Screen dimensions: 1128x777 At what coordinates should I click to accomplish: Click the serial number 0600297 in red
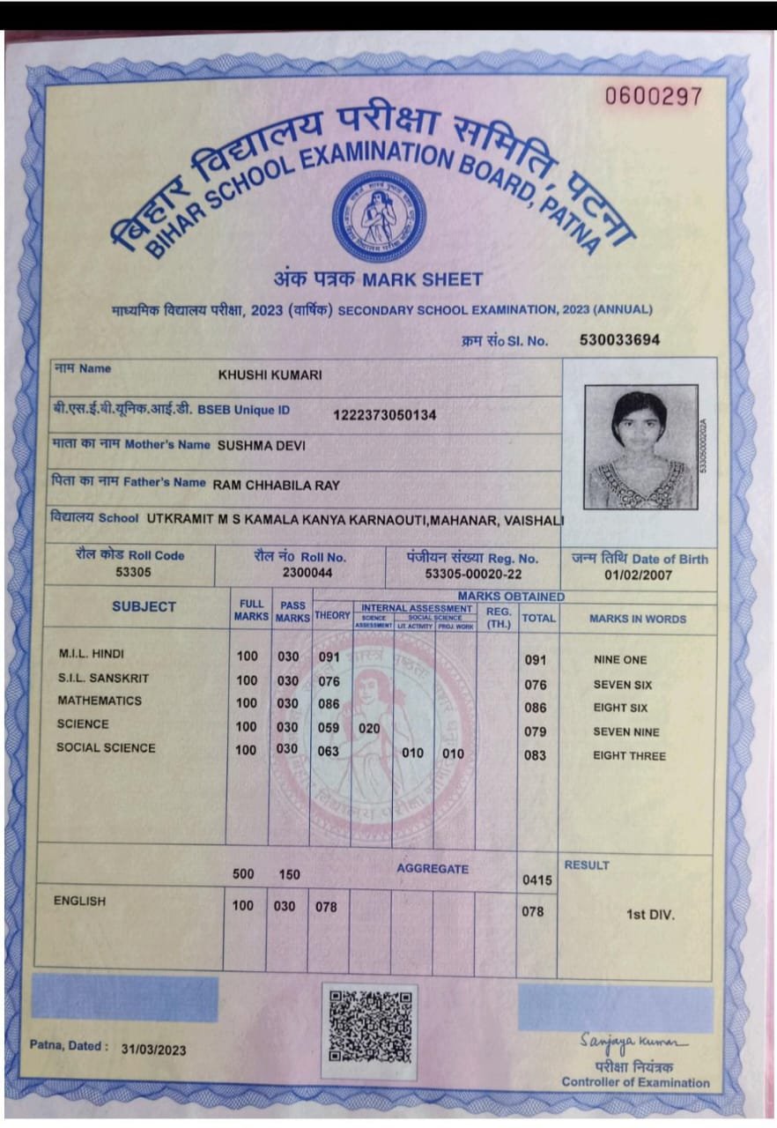(x=654, y=96)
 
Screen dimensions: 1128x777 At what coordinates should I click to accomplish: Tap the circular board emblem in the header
(x=379, y=216)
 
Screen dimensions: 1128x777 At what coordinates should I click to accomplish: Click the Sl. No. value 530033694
(x=619, y=340)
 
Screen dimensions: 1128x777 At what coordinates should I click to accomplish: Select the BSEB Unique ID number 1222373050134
(x=384, y=414)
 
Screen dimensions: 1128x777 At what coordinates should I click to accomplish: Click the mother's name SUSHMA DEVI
(x=261, y=445)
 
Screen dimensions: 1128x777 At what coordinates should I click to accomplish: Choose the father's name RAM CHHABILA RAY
(x=276, y=484)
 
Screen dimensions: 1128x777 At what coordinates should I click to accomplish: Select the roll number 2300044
(x=300, y=573)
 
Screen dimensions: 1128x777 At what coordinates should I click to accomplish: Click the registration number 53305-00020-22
(x=472, y=574)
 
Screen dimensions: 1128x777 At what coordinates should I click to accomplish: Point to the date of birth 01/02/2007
(x=639, y=575)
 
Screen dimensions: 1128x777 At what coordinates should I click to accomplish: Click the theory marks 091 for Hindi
(x=329, y=657)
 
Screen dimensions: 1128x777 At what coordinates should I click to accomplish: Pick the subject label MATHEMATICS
(x=100, y=701)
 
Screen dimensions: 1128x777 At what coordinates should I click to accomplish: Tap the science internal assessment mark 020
(x=369, y=728)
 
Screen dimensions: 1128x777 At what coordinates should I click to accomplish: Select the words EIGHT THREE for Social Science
(x=629, y=756)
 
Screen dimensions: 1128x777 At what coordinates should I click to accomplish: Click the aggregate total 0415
(x=536, y=879)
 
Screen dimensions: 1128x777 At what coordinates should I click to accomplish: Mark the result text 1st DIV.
(x=650, y=915)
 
